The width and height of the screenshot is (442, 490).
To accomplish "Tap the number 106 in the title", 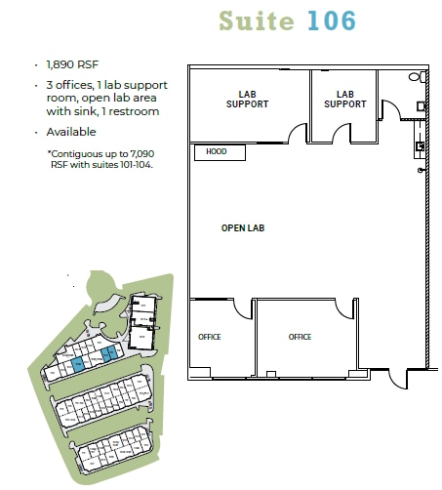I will tap(328, 20).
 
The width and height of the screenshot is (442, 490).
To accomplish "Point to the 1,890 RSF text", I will tap(67, 63).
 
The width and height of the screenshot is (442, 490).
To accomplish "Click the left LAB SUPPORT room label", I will tap(247, 100).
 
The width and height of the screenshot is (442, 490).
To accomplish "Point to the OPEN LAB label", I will tap(243, 228).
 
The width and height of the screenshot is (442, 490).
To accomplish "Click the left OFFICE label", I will tap(210, 337).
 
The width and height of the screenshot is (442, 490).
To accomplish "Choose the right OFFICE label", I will tap(300, 337).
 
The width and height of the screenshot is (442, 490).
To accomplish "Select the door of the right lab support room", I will tap(339, 133).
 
